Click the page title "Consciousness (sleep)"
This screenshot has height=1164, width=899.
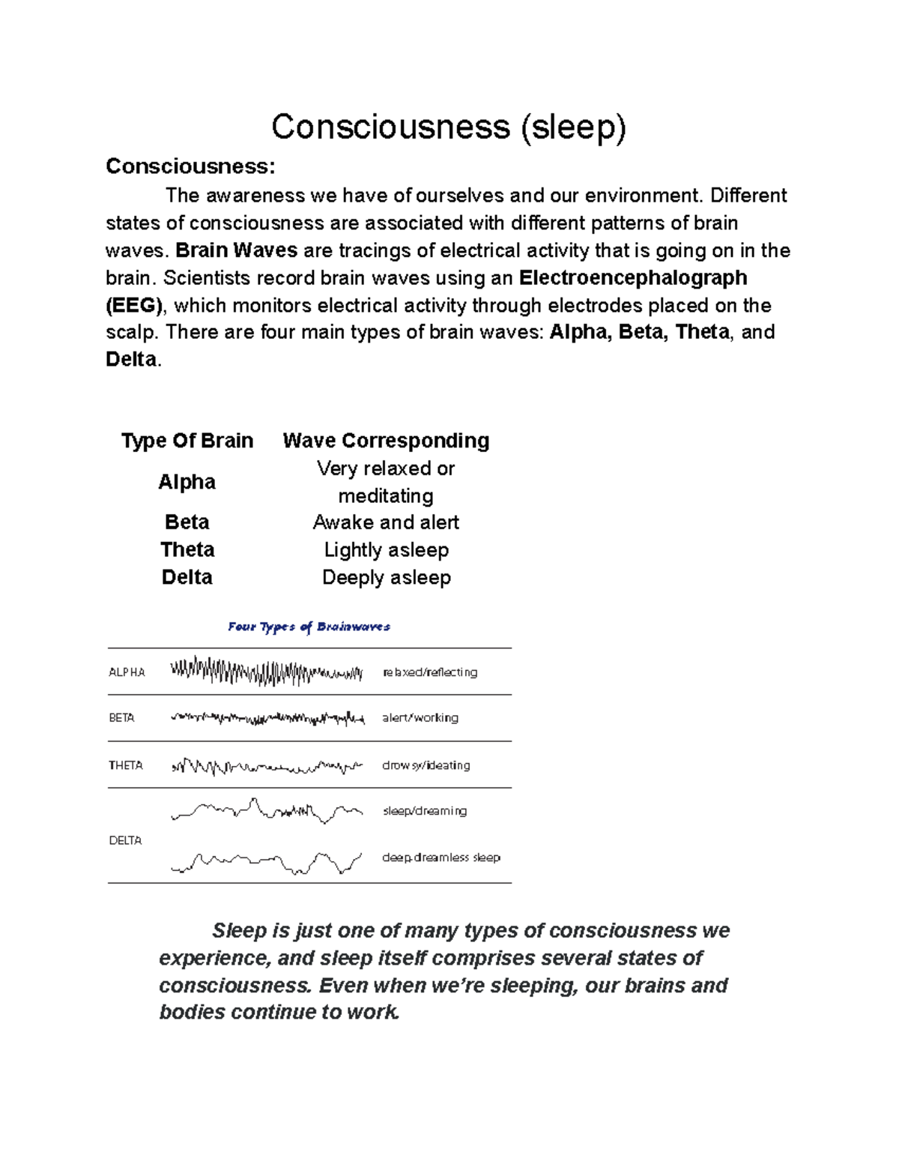448,127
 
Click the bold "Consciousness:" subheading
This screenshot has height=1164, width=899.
190,166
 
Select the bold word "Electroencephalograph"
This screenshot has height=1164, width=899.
633,278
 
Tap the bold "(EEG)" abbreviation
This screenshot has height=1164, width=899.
134,305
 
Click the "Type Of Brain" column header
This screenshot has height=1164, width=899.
187,441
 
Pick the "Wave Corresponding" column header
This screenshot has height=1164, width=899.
386,441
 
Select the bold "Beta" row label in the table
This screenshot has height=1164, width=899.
187,522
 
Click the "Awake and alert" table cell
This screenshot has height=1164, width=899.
386,522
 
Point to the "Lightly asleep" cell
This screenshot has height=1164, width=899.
386,550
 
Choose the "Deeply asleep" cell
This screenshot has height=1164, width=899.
386,578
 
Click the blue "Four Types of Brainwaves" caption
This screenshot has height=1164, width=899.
309,627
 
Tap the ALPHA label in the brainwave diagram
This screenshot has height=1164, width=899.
127,672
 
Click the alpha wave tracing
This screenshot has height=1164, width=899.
266,672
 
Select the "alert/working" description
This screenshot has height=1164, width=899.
420,718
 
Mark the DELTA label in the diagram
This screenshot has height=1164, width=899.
125,841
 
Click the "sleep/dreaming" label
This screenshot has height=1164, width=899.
425,811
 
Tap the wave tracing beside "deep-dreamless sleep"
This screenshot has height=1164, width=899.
266,862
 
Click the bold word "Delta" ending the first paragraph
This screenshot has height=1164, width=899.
131,360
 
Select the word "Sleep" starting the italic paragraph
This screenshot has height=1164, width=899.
240,931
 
